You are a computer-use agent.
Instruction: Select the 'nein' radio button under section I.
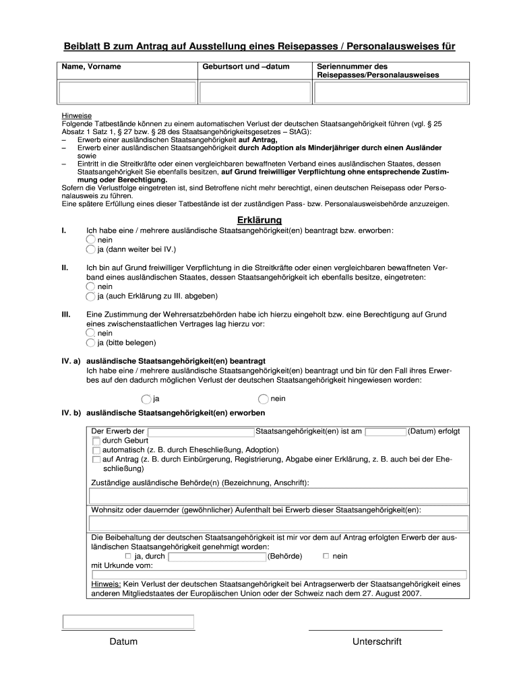coord(92,240)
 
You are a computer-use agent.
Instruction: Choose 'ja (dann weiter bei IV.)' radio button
coord(92,250)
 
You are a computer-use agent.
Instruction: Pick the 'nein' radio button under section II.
coord(92,286)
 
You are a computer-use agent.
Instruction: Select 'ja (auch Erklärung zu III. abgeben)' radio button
coord(92,296)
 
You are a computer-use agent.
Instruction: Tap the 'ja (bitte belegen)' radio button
coord(92,342)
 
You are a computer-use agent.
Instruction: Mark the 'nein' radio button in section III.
coord(92,333)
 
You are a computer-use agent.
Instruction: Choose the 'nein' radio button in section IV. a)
coord(264,399)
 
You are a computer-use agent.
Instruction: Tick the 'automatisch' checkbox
coord(96,449)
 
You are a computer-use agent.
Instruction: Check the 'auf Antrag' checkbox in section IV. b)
coord(96,459)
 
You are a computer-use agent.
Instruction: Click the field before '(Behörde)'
coord(217,557)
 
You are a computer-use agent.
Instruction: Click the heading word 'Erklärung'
coord(259,220)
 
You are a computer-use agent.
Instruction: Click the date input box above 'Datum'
coord(128,622)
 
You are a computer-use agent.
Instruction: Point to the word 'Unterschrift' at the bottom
coord(376,641)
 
